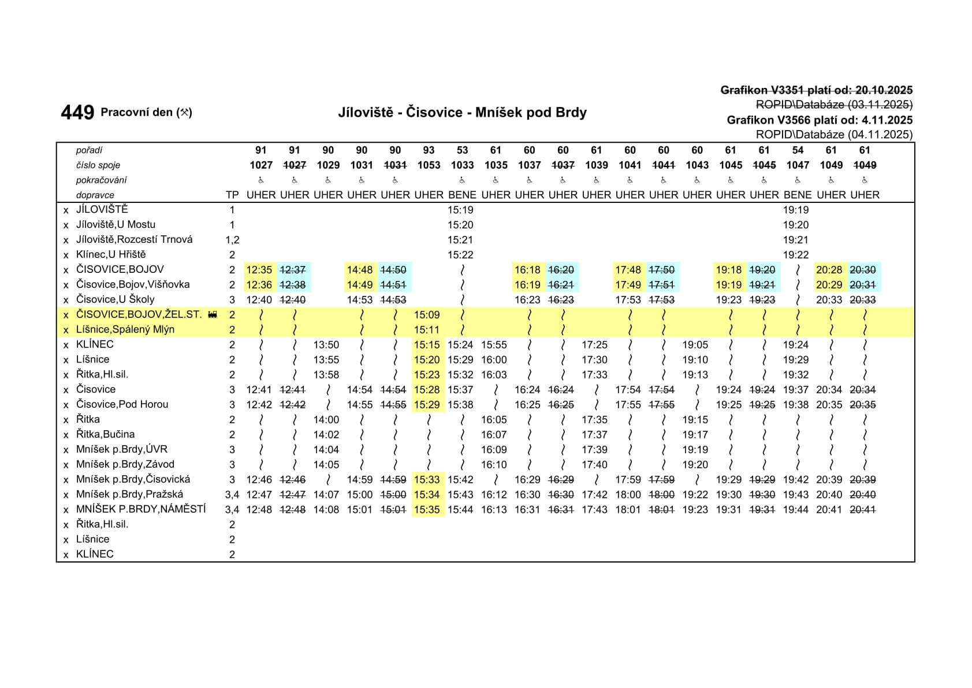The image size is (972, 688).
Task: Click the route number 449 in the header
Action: point(77,112)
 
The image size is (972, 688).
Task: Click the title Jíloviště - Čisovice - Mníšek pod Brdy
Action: point(462,112)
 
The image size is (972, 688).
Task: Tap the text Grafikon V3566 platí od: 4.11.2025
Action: point(820,120)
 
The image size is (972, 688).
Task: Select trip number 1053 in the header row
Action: point(429,165)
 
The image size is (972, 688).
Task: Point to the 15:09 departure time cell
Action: point(427,315)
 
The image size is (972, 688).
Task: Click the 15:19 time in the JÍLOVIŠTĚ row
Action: point(460,210)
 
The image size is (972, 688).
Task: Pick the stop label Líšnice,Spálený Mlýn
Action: point(125,330)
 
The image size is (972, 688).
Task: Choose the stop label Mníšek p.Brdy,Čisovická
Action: point(133,479)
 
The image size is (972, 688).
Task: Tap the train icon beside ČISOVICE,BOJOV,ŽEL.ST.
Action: point(213,315)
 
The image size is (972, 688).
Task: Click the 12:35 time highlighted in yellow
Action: point(259,270)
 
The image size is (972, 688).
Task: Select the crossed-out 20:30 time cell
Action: point(863,270)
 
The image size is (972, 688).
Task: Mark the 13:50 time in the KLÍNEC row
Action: point(326,345)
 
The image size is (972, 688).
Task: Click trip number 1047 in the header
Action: point(798,165)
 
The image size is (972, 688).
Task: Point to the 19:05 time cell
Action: point(695,345)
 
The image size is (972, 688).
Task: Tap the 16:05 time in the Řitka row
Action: point(494,420)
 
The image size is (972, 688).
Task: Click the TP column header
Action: point(232,195)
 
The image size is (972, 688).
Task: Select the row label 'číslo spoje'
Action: point(98,165)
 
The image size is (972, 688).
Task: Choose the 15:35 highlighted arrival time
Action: point(427,510)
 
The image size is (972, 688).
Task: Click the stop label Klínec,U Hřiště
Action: point(111,254)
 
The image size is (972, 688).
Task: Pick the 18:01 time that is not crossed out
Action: point(628,510)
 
